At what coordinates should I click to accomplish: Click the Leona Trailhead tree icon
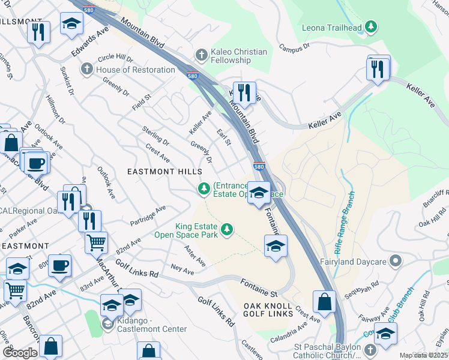click(x=372, y=26)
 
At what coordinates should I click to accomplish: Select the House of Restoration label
click(x=136, y=70)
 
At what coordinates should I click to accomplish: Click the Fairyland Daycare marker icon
click(x=394, y=261)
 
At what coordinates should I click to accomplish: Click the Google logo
click(x=20, y=353)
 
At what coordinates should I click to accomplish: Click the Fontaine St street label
click(x=259, y=286)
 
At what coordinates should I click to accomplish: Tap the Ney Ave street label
click(x=182, y=270)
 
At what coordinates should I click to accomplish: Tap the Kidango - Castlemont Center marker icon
click(x=107, y=324)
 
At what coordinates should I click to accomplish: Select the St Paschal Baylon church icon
click(x=371, y=349)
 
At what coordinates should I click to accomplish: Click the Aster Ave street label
click(x=195, y=256)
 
